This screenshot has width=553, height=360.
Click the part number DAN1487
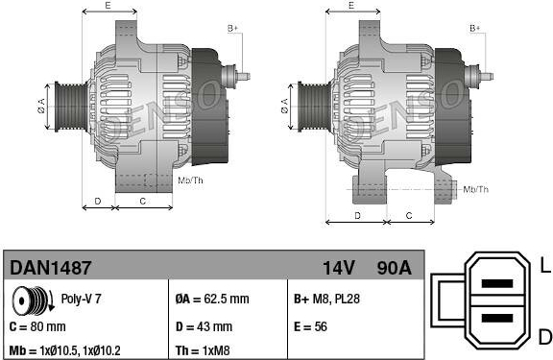click(51, 268)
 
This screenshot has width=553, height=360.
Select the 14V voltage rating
click(339, 268)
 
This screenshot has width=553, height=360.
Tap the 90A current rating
click(394, 268)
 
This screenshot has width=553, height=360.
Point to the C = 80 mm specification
click(37, 326)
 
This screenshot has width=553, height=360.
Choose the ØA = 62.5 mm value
click(212, 300)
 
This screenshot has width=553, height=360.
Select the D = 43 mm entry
click(204, 326)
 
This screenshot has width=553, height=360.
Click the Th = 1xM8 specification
click(203, 350)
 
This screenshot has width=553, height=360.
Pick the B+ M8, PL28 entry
click(326, 299)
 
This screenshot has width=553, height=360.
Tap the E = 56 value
click(310, 326)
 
